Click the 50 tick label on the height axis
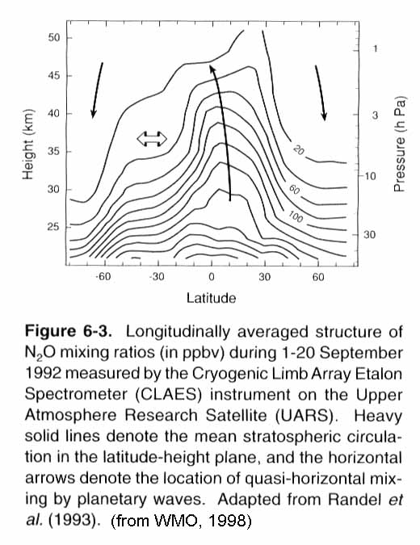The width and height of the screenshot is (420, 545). pyautogui.click(x=54, y=37)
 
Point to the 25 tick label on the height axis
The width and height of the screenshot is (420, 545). pyautogui.click(x=54, y=227)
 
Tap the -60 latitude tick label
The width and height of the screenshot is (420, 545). pyautogui.click(x=103, y=277)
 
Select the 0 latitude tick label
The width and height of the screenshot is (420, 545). pyautogui.click(x=212, y=277)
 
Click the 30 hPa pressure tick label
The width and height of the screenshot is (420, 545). pyautogui.click(x=370, y=235)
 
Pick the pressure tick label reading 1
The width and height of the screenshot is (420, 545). pyautogui.click(x=375, y=48)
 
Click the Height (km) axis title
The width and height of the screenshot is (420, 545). pyautogui.click(x=27, y=145)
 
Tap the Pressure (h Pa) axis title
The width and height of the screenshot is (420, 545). pyautogui.click(x=400, y=145)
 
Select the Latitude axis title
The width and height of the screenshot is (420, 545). pyautogui.click(x=211, y=298)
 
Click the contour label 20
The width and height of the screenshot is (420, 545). pyautogui.click(x=299, y=151)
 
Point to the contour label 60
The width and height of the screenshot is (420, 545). pyautogui.click(x=295, y=190)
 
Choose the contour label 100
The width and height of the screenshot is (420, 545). pyautogui.click(x=296, y=217)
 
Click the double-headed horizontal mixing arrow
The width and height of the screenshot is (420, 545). pyautogui.click(x=152, y=139)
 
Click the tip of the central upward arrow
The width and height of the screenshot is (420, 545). pyautogui.click(x=211, y=65)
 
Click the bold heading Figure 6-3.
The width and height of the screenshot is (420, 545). pyautogui.click(x=69, y=331)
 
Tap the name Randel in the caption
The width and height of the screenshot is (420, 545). pyautogui.click(x=355, y=500)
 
